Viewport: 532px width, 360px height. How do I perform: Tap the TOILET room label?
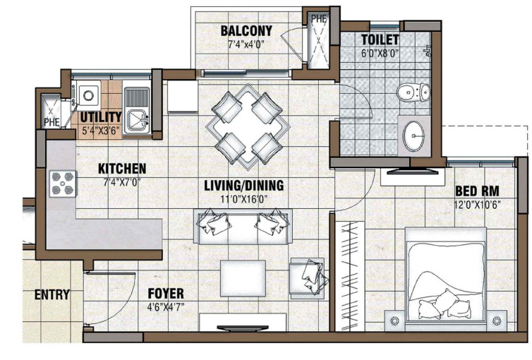(x=380, y=40)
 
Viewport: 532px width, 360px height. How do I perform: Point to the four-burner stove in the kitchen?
(x=62, y=184)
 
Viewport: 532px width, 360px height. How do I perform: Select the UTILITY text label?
(x=100, y=117)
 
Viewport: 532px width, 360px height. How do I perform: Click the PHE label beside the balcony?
(x=319, y=18)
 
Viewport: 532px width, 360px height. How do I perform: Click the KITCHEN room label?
(x=121, y=169)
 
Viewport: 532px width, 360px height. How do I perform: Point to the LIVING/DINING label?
(x=243, y=186)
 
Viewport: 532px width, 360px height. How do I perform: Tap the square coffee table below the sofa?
(x=243, y=275)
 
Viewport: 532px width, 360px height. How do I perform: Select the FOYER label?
(x=166, y=294)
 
